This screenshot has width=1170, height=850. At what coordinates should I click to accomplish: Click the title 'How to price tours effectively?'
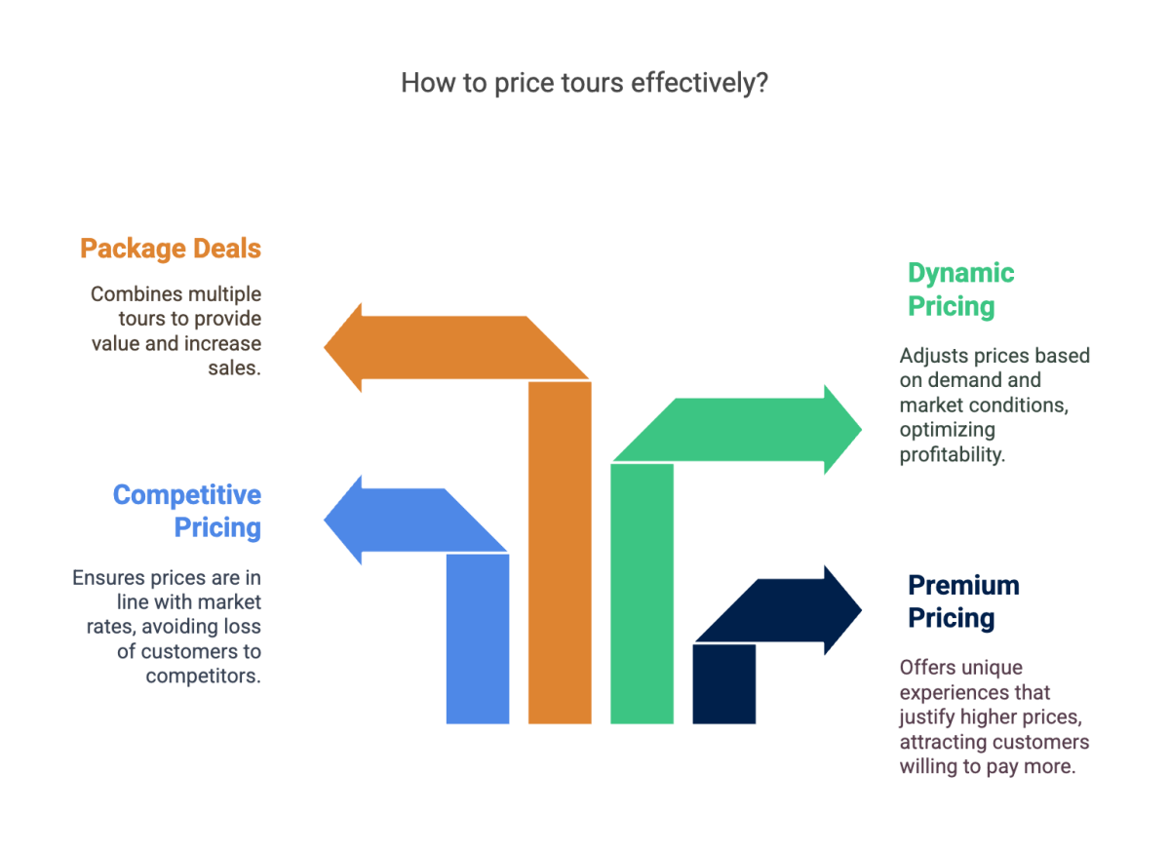pyautogui.click(x=585, y=83)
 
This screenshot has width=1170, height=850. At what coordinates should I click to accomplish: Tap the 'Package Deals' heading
pyautogui.click(x=171, y=249)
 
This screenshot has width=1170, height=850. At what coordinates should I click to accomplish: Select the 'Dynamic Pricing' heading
pyautogui.click(x=961, y=290)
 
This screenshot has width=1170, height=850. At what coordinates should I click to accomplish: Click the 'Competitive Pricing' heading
pyautogui.click(x=187, y=511)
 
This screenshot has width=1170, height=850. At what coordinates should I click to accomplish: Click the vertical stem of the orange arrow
pyautogui.click(x=560, y=556)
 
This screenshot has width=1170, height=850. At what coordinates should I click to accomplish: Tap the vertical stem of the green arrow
pyautogui.click(x=642, y=595)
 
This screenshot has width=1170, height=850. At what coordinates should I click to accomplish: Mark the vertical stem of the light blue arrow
pyautogui.click(x=478, y=638)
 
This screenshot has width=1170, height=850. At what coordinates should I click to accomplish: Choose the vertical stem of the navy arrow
pyautogui.click(x=723, y=682)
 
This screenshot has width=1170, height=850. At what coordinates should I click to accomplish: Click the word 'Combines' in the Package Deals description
pyautogui.click(x=128, y=293)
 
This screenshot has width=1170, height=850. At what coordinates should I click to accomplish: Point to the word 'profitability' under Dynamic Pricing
pyautogui.click(x=952, y=455)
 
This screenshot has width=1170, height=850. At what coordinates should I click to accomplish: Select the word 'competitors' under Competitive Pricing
pyautogui.click(x=203, y=676)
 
